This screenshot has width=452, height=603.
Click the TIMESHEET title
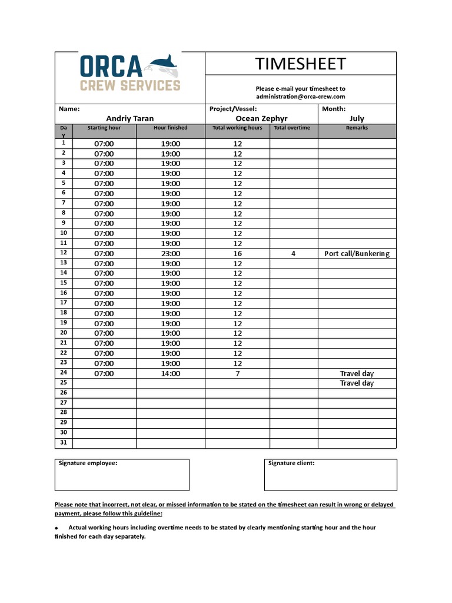[300, 64]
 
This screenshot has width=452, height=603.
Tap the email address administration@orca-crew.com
[300, 97]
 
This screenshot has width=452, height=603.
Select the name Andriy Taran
[129, 118]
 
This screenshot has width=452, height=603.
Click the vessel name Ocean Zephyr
[261, 118]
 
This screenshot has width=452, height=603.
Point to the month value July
[357, 118]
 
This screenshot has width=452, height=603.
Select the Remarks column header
[357, 128]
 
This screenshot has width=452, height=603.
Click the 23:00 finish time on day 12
[171, 254]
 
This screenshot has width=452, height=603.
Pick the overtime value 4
[294, 254]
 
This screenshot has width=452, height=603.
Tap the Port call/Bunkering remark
[357, 254]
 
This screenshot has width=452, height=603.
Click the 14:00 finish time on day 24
[171, 373]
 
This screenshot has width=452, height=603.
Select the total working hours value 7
[237, 373]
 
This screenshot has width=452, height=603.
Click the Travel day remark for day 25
[357, 383]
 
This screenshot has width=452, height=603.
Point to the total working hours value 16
[237, 254]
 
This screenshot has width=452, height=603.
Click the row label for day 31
[64, 443]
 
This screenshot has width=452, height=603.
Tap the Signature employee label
[88, 463]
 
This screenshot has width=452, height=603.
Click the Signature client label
[291, 463]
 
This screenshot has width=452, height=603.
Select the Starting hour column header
[104, 128]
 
